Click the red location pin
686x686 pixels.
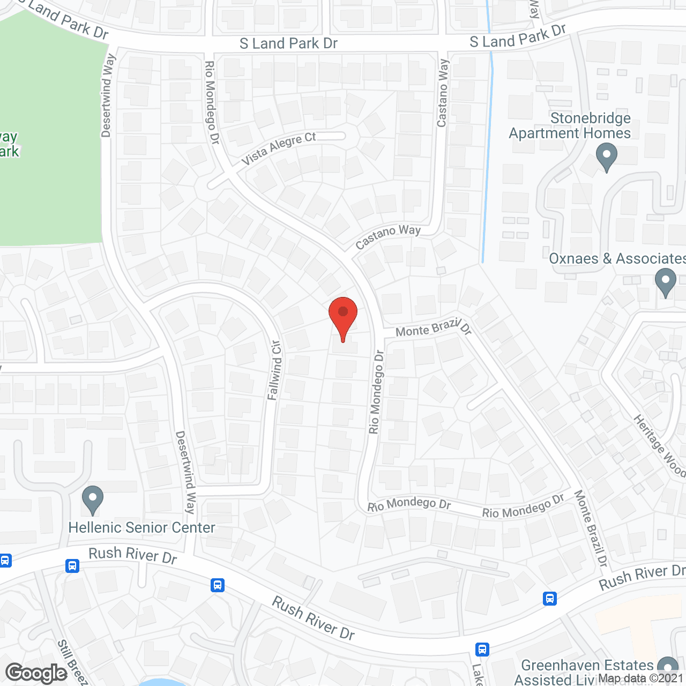tap(343, 316)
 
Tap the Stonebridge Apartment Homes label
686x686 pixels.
tap(570, 125)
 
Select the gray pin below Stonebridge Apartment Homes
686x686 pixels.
tap(606, 157)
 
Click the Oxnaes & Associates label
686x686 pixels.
tap(616, 259)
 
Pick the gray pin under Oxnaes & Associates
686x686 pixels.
tap(665, 282)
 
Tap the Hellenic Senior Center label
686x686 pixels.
tap(141, 528)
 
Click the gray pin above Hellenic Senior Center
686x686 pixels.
tap(93, 500)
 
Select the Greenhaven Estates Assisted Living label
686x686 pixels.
tap(587, 672)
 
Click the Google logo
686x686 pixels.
tap(36, 673)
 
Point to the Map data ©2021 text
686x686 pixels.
tap(641, 678)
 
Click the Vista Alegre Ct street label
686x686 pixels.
tap(278, 148)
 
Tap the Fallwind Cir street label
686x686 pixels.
tap(274, 370)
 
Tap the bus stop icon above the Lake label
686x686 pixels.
tap(482, 650)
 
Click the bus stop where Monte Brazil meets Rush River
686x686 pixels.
tap(550, 598)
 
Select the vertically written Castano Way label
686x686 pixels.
tap(442, 93)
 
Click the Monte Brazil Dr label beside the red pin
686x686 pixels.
tap(433, 329)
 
